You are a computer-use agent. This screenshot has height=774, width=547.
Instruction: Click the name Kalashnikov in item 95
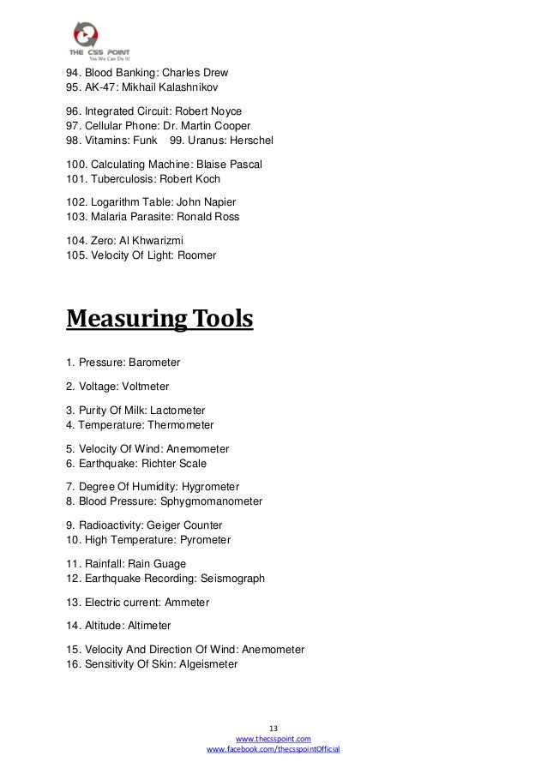point(192,87)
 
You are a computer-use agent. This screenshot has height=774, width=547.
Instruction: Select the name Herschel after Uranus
point(248,140)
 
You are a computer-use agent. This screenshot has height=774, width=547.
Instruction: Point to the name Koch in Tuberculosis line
point(206,179)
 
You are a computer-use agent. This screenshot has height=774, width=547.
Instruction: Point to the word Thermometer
point(181,425)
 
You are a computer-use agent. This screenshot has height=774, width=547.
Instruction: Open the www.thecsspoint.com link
point(273,738)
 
